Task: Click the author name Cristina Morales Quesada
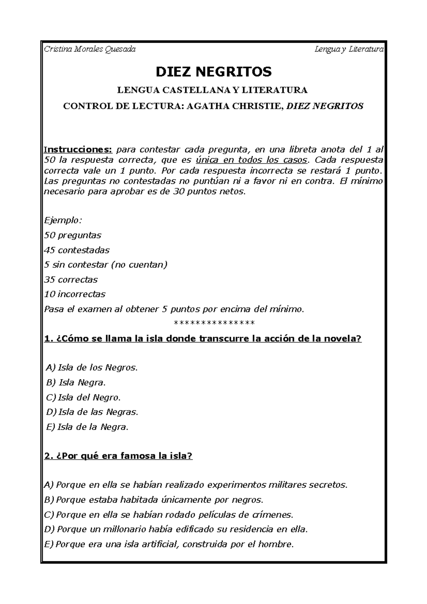pyautogui.click(x=90, y=49)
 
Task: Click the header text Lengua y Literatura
pyautogui.click(x=349, y=49)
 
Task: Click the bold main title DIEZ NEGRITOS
pyautogui.click(x=213, y=72)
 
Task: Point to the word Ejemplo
pyautogui.click(x=63, y=221)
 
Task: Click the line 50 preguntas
pyautogui.click(x=73, y=235)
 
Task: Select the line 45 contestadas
pyautogui.click(x=77, y=250)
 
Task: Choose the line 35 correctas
pyautogui.click(x=71, y=280)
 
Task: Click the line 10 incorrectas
pyautogui.click(x=75, y=294)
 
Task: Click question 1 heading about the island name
pyautogui.click(x=203, y=339)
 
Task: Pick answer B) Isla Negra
pyautogui.click(x=76, y=383)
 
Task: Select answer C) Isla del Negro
pyautogui.click(x=83, y=397)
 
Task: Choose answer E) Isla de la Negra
pyautogui.click(x=87, y=427)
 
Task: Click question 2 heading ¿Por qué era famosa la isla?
pyautogui.click(x=118, y=456)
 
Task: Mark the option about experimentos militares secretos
pyautogui.click(x=195, y=485)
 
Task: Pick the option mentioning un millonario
pyautogui.click(x=175, y=529)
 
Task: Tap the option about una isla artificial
pyautogui.click(x=169, y=544)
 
